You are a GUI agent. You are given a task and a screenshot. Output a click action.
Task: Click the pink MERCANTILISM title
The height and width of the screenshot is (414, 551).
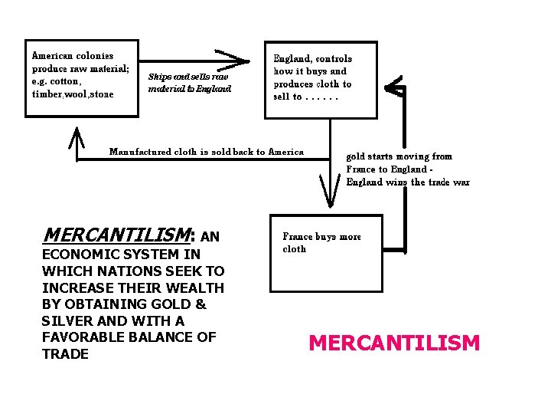tap(394, 343)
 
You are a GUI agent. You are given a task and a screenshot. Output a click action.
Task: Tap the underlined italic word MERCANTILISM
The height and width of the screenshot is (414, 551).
tap(117, 234)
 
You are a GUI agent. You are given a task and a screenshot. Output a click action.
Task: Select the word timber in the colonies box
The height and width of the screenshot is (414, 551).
tap(47, 94)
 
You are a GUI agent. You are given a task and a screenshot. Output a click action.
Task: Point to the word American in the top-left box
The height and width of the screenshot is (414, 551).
tap(52, 55)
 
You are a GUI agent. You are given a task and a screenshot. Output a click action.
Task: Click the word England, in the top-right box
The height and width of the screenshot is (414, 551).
tap(292, 58)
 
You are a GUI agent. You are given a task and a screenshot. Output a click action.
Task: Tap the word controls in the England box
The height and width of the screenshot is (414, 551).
tap(334, 58)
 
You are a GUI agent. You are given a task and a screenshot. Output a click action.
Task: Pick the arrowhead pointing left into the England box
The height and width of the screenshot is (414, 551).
tap(393, 87)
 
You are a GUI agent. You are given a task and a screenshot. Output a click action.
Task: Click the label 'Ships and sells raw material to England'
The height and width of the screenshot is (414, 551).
tap(189, 83)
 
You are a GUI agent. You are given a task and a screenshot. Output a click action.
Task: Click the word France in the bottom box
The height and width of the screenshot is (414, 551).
tap(298, 237)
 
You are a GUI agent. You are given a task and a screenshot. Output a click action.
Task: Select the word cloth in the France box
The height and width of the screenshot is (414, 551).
tap(295, 249)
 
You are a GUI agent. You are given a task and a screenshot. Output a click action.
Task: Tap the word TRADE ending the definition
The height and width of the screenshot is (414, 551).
tap(65, 353)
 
